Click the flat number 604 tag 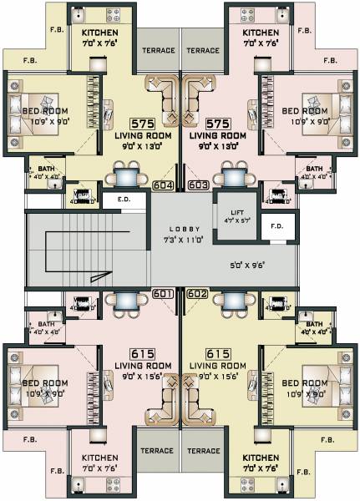pos(165,185)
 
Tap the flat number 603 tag pos(199,185)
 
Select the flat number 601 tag pos(164,293)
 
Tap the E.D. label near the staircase pos(124,200)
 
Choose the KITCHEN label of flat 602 pos(261,458)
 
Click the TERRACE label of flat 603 pos(203,50)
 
